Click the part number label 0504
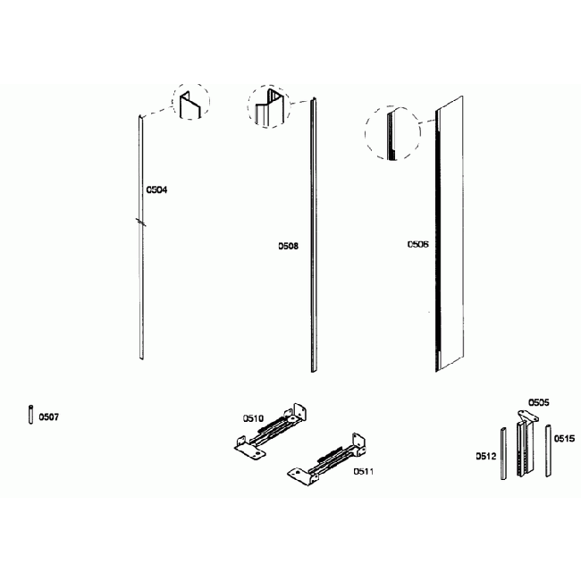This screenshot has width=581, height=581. point(156,189)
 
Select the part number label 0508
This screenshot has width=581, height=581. point(287,244)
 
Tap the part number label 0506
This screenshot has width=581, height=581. point(417,243)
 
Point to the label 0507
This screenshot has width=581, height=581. point(49,417)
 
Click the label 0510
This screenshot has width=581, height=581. point(253,417)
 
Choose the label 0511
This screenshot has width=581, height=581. point(363,470)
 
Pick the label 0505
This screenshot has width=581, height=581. point(538,403)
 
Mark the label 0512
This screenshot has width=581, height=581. point(485,456)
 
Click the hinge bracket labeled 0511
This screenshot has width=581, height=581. point(327,459)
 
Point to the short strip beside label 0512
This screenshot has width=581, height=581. point(503,454)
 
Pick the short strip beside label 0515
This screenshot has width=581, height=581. point(546,452)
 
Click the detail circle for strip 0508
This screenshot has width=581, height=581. point(270,108)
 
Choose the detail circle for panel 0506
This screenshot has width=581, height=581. point(392,134)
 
